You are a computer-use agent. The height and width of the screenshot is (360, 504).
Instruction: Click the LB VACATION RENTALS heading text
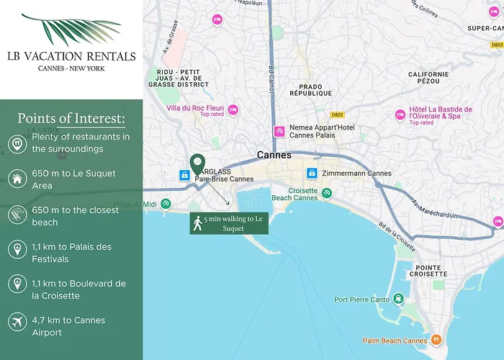point(71,56)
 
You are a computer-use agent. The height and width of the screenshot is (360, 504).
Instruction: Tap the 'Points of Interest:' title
point(71,118)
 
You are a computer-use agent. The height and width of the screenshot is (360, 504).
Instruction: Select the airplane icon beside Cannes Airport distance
point(16,321)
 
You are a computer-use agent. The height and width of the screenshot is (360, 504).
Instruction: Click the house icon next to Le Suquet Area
point(16,179)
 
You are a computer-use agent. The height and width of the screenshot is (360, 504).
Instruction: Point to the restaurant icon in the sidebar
point(16,143)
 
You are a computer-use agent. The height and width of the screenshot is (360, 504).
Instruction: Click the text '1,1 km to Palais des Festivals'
point(71,253)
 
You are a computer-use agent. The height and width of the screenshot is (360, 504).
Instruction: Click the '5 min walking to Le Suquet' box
point(229,223)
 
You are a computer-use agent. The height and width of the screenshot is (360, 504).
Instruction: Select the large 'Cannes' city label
point(274,155)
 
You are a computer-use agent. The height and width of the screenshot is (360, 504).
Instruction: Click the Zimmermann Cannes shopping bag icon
point(312,174)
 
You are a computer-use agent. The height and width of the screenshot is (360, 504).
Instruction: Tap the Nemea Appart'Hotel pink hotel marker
point(279,132)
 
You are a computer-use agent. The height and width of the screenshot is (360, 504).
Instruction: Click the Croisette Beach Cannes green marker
point(327,193)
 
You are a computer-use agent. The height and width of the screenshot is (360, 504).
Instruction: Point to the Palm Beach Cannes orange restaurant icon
point(436,341)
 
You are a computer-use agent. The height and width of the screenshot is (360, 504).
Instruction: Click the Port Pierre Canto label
point(361,300)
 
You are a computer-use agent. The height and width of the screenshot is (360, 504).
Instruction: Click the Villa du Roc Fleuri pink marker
point(233,110)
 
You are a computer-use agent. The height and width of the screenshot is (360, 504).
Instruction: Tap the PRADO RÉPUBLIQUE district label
point(310,89)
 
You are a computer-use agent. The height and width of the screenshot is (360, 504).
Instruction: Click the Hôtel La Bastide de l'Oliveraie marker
point(400,114)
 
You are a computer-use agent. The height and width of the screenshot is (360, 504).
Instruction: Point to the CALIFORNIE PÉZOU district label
point(428,78)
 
